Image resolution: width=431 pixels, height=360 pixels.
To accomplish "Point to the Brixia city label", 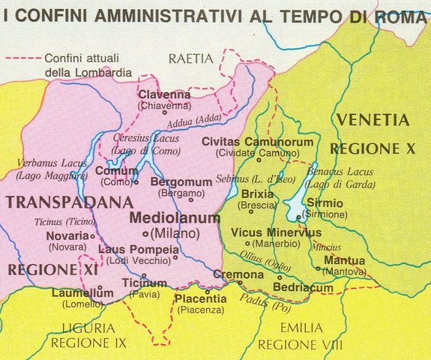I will [257, 193].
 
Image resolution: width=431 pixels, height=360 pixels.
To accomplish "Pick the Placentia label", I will [199, 299].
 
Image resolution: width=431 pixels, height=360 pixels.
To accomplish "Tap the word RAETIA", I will [191, 58].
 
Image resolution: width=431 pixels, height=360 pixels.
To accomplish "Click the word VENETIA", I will [373, 120].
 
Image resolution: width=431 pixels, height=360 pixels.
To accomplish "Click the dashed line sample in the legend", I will [22, 58].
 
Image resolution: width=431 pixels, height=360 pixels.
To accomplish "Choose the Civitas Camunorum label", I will [249, 142].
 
